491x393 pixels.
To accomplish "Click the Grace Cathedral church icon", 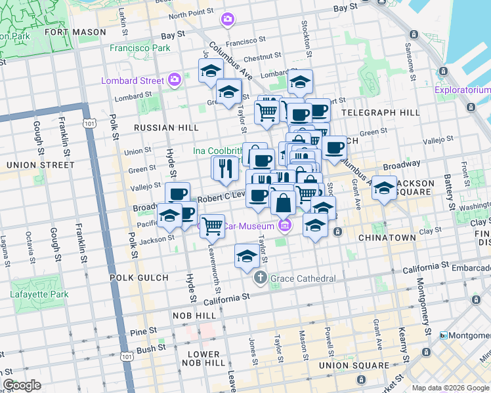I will click(261, 278).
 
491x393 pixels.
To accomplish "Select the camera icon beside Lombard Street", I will click(175, 81).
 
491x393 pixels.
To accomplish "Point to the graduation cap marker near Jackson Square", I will click(384, 189).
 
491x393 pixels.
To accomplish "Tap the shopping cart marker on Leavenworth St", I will click(212, 227).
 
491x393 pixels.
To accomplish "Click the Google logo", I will click(22, 385).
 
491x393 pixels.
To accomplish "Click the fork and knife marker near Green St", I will click(224, 168).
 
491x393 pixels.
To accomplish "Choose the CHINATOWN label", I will click(387, 238).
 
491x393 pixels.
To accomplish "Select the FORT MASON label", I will click(75, 31).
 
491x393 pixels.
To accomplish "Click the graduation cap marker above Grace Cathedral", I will click(247, 256).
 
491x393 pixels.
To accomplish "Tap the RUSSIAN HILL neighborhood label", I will click(156, 128).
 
